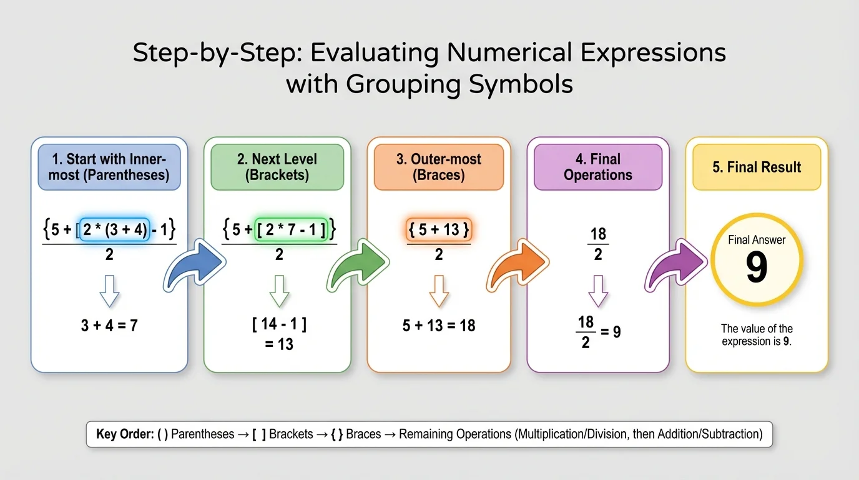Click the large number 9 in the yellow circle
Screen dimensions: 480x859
757,267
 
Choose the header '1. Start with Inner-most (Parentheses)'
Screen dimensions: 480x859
109,167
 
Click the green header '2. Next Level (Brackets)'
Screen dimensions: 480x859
277,167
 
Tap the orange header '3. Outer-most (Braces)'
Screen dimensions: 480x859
438,167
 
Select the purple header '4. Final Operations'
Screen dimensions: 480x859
598,167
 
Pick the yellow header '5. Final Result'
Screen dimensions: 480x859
757,167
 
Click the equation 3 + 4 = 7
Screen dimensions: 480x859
109,325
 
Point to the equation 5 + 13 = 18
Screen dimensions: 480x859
439,325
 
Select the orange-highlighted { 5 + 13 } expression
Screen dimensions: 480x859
439,229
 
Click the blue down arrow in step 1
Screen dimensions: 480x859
109,291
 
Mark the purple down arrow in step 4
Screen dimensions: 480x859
598,291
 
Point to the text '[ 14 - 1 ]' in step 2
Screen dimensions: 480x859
279,325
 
